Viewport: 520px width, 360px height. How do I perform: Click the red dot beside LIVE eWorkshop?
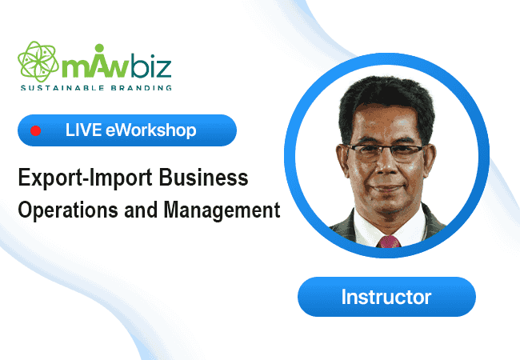[x=35, y=130]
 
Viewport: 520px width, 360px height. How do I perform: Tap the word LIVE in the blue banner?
[x=83, y=130]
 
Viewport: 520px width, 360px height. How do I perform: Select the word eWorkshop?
[x=151, y=130]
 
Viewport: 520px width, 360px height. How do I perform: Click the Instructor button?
[x=386, y=297]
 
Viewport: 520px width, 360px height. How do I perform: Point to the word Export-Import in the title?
[x=85, y=178]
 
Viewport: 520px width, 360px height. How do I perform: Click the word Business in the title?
[x=203, y=178]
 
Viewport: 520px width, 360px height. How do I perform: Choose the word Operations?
[x=68, y=210]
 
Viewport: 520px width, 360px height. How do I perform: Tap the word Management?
[x=222, y=210]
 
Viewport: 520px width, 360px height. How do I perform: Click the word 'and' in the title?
[x=141, y=210]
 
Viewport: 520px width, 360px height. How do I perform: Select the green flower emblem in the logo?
[x=38, y=62]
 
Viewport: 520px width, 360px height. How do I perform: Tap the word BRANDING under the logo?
[x=142, y=88]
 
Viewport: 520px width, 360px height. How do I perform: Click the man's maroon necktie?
[x=389, y=242]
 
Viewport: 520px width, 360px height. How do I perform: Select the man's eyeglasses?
[x=386, y=152]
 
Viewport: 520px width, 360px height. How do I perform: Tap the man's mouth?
[x=386, y=188]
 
